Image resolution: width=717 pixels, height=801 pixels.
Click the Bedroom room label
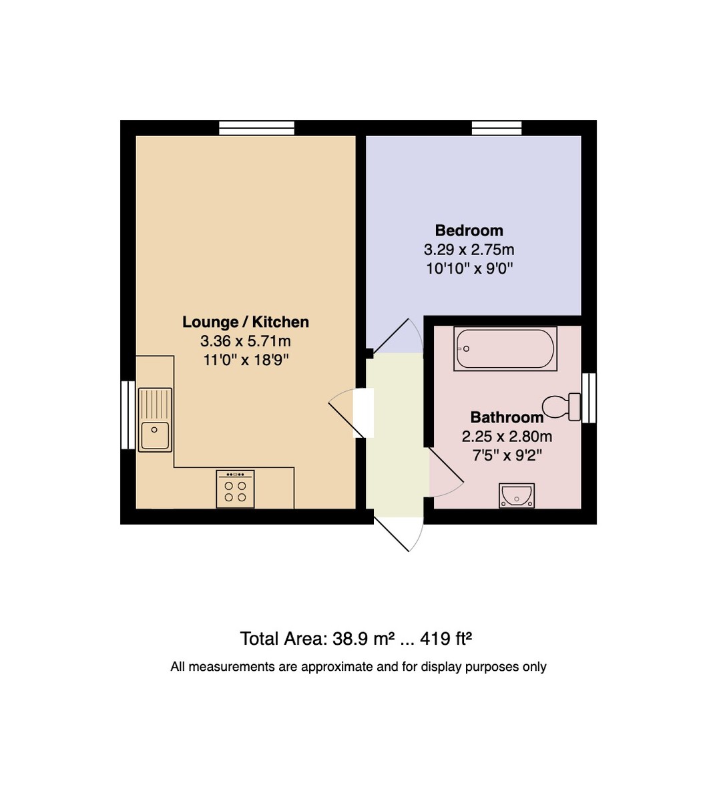click(x=469, y=231)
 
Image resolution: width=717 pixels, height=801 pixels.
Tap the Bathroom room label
click(x=507, y=418)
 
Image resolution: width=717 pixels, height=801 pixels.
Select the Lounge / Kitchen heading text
click(x=246, y=322)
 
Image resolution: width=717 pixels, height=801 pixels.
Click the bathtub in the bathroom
click(x=505, y=348)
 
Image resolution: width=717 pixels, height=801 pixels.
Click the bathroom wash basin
click(x=517, y=495)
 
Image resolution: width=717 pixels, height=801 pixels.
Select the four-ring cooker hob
click(x=235, y=489)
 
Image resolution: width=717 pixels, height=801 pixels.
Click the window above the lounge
click(x=257, y=127)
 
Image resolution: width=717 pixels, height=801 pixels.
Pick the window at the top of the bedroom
click(x=497, y=127)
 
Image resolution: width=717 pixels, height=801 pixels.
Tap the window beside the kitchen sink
click(x=128, y=415)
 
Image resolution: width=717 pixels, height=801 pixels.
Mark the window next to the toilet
click(x=588, y=398)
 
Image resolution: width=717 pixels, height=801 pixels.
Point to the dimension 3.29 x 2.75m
click(x=469, y=250)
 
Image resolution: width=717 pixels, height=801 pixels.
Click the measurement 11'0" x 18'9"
click(x=246, y=360)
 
